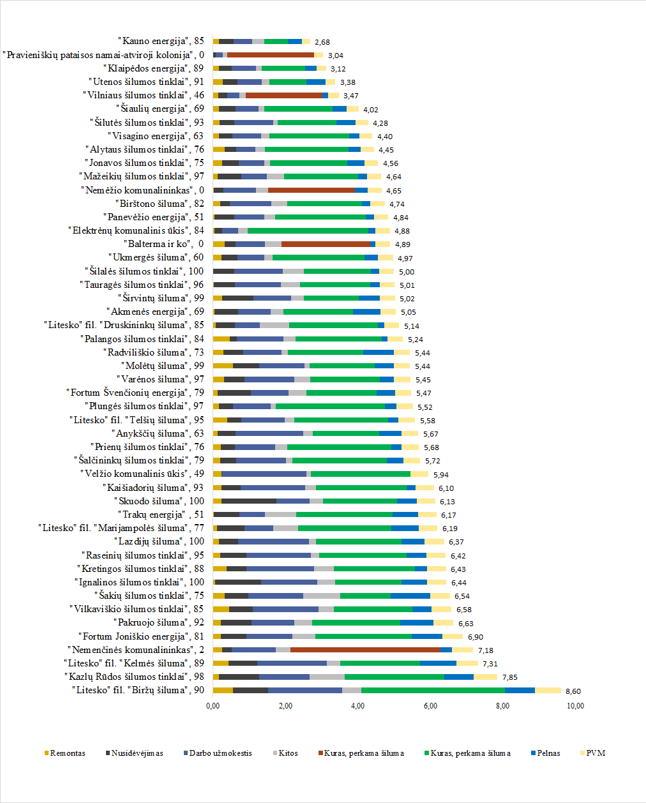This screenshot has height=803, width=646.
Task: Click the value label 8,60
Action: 573,691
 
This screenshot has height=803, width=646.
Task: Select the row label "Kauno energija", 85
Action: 161,41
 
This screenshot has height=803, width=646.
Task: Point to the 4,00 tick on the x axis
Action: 358,705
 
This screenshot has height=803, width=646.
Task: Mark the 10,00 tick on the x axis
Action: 575,705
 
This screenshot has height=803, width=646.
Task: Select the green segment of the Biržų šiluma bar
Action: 433,690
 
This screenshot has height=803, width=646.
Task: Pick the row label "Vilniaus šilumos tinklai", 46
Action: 144,95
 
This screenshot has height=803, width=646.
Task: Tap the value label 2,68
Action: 322,42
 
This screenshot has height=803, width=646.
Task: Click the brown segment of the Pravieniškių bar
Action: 271,55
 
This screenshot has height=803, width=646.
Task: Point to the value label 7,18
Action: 486,650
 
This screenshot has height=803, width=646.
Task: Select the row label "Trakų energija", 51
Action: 160,514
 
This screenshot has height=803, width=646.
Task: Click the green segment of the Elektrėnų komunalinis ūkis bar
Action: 308,230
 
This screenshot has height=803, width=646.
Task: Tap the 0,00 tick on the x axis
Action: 213,705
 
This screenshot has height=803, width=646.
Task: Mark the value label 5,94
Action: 440,475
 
